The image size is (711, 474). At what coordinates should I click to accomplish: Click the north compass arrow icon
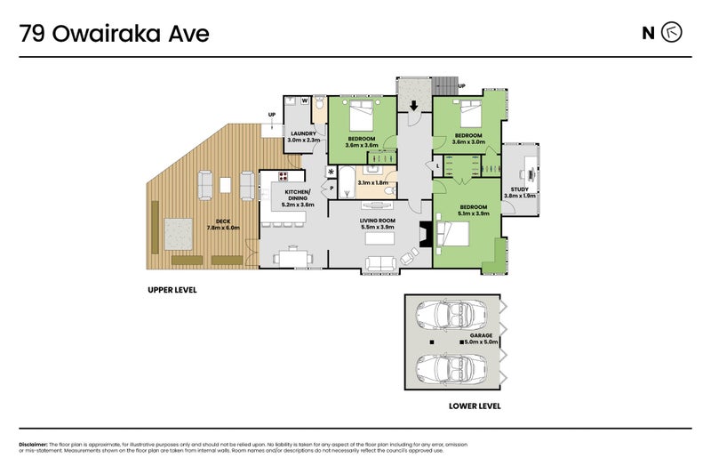(673, 34)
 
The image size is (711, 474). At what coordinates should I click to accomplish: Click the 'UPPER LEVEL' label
(172, 291)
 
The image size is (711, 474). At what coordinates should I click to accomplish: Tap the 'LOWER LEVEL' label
(475, 406)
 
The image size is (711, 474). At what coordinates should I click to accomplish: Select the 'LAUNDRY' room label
(303, 134)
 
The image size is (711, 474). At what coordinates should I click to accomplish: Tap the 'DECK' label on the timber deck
(211, 222)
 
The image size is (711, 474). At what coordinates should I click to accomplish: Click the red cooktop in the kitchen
(284, 176)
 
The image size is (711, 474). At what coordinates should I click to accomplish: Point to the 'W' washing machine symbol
(305, 102)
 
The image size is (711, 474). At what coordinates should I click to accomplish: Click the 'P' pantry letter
(332, 189)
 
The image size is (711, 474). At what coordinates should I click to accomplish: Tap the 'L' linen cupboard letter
(438, 166)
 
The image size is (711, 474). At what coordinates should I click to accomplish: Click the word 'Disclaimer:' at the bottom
(33, 444)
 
